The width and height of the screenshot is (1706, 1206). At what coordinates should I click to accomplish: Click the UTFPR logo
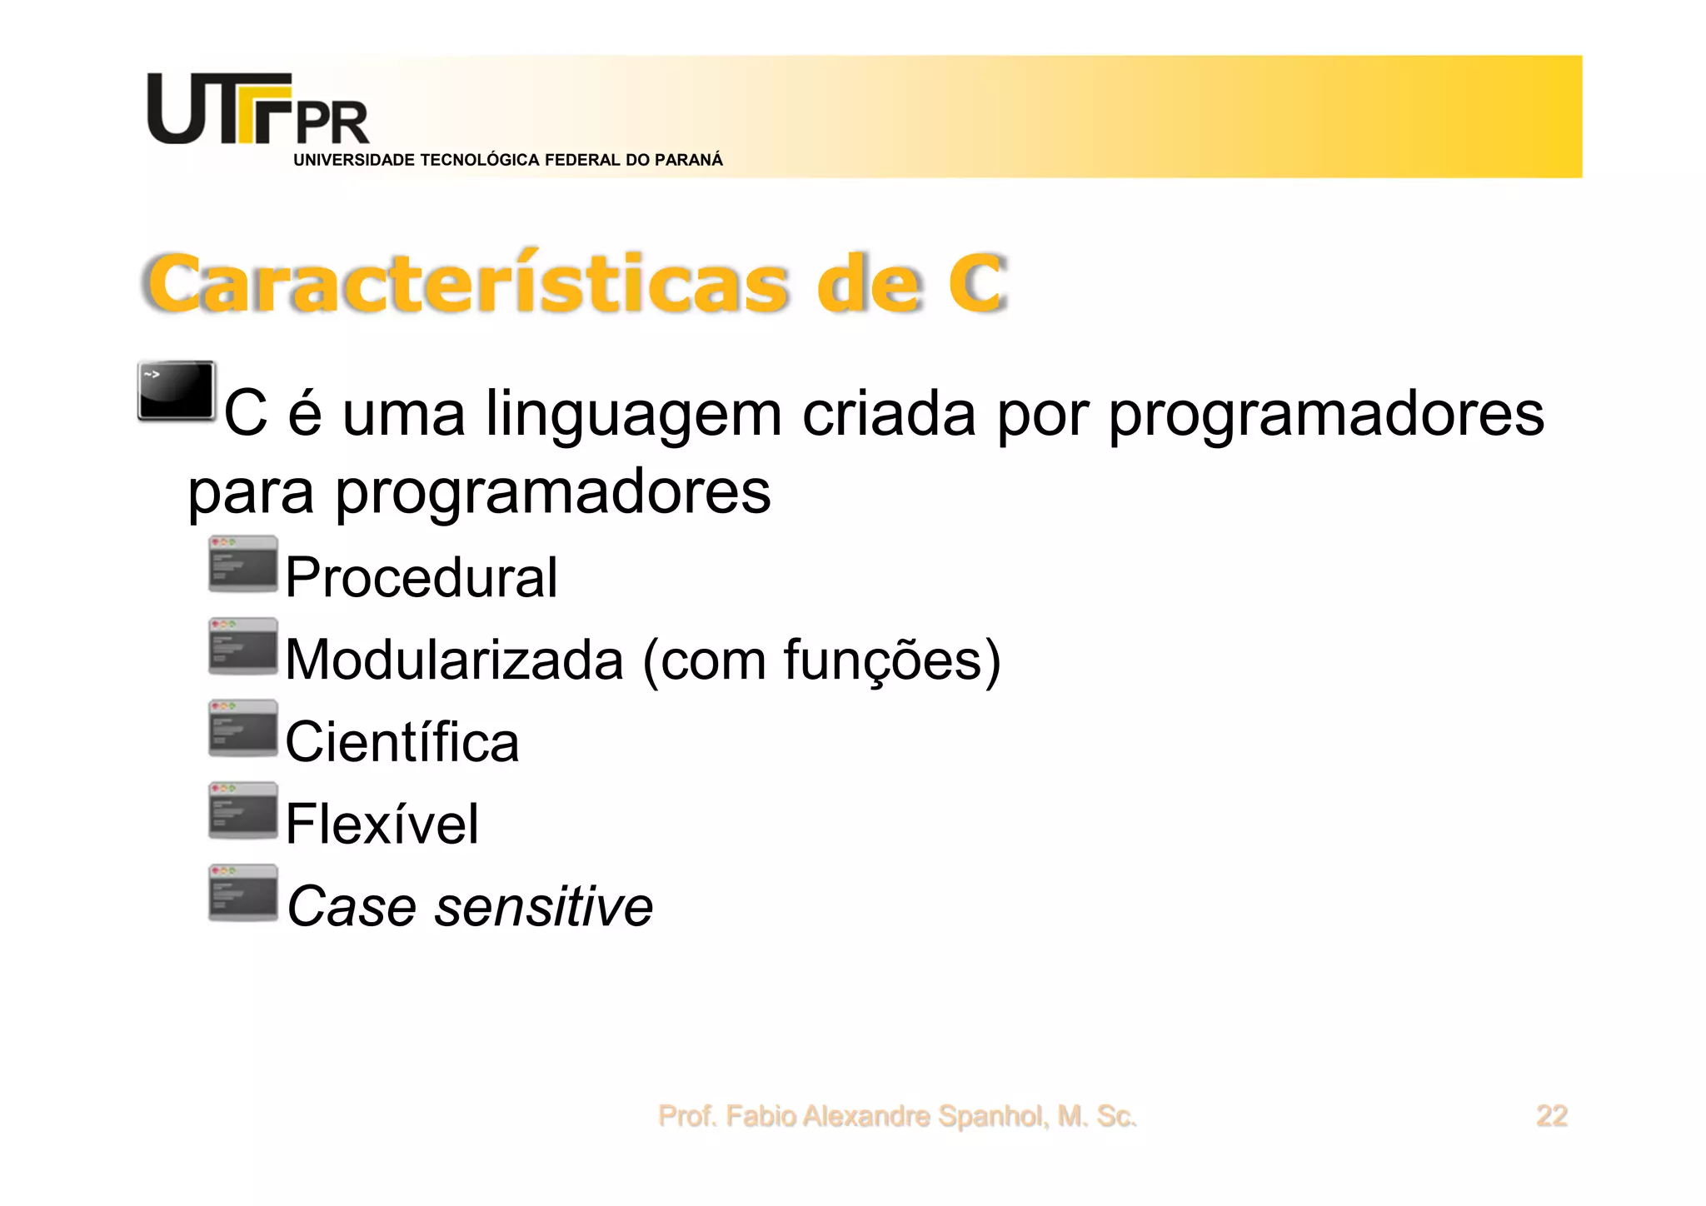coord(257,110)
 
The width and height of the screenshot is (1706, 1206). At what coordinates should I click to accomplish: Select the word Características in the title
coord(467,284)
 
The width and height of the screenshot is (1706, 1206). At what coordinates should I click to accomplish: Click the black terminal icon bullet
coord(177,391)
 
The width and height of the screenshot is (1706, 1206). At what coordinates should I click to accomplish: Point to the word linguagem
coord(633,415)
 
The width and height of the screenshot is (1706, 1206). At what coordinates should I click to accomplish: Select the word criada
coord(888,415)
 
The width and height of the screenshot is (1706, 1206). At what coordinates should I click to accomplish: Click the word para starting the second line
coord(251,493)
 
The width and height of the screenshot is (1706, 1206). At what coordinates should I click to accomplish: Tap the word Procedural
coord(421,577)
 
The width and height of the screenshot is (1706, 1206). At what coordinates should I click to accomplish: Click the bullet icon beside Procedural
coord(242,564)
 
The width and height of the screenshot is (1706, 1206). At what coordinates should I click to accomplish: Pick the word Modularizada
coord(454,660)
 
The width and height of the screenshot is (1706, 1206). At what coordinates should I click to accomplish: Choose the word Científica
coord(402,741)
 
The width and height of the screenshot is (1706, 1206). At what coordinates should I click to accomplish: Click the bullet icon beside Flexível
coord(242,810)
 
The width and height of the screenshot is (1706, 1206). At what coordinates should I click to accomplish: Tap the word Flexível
coord(382,824)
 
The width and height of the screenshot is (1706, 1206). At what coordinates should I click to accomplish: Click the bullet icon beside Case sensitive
coord(242,893)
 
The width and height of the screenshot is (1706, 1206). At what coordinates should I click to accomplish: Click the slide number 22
coord(1551,1116)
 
